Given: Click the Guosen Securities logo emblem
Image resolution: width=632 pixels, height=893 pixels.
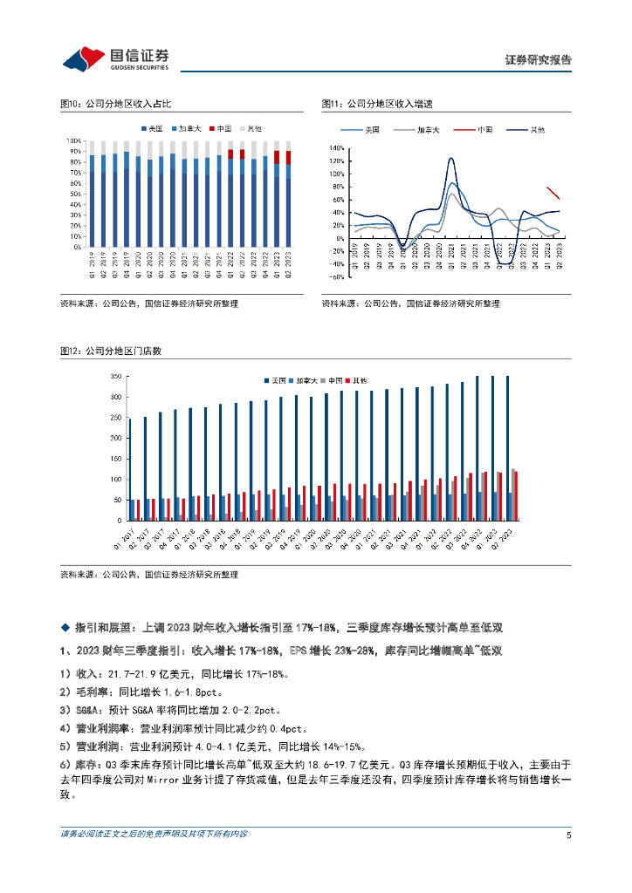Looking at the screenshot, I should (84, 59).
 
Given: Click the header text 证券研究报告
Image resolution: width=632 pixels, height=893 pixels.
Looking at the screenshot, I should (539, 60).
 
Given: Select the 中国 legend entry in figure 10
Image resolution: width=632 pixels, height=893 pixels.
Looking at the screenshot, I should (221, 129).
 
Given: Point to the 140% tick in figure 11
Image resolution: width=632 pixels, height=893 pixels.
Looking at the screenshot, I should (338, 148).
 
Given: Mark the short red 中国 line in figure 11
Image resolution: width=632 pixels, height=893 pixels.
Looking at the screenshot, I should (553, 194).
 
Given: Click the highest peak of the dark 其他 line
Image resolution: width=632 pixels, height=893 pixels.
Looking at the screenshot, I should (451, 159).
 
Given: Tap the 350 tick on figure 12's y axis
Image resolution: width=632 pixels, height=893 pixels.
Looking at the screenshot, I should (113, 377).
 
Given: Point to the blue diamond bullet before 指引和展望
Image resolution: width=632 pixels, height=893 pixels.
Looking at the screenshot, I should (64, 628).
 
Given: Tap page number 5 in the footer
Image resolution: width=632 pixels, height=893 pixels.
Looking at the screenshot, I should (568, 835).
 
